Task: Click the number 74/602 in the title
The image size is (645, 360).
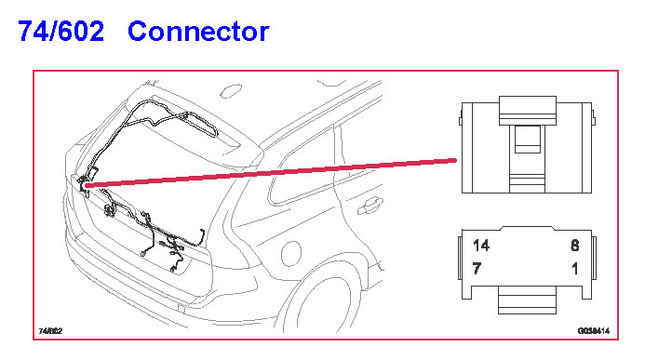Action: pos(60,32)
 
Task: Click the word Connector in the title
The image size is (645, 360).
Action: pos(198,32)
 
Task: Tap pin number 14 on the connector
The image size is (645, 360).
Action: pos(481,246)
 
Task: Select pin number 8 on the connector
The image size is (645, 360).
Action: pos(574,246)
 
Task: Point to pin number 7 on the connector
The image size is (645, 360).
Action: pos(477,268)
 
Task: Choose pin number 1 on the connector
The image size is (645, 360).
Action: pos(575,268)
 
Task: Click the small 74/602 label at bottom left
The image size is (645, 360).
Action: pos(50,331)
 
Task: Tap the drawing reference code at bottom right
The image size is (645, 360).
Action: pos(594,331)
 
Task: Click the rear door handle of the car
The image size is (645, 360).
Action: pos(370,206)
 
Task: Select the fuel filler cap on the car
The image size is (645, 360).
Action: pos(290,254)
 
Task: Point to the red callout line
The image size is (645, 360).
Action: pos(271,173)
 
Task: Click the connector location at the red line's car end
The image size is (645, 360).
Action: pos(84,183)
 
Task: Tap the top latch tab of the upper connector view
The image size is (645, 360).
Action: pos(528,111)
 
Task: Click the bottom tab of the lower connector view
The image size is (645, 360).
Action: pos(527,300)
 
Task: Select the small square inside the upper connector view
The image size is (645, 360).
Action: pos(528,140)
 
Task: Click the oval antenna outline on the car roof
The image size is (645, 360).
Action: pos(231,91)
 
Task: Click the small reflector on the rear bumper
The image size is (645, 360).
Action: pos(181,308)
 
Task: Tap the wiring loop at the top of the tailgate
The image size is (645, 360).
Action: pos(173,117)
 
